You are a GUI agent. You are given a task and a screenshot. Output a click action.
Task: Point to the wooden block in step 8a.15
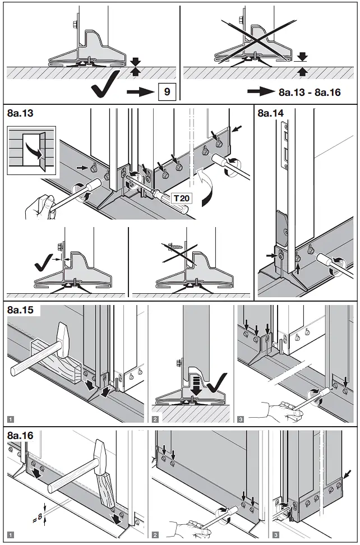pos(61,363)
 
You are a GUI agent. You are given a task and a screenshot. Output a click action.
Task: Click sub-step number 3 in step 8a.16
pos(276,536)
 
